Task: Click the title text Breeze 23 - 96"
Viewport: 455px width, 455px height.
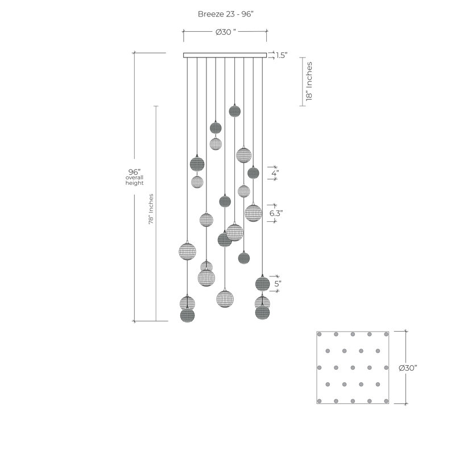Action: point(225,14)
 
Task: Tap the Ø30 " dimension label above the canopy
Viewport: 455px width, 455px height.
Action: point(226,32)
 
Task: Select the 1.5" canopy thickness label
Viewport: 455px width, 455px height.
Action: point(282,55)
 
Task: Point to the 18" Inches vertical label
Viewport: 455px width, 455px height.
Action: point(309,81)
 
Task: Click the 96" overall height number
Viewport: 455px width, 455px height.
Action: point(134,172)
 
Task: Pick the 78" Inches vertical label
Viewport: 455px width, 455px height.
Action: point(151,209)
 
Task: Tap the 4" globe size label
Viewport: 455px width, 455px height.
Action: point(275,173)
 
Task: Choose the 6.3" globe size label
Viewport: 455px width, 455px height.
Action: point(276,213)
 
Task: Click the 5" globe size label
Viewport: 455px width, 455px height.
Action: point(278,283)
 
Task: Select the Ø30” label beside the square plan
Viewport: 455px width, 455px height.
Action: point(408,368)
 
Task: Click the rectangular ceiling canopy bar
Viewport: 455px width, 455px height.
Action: point(225,55)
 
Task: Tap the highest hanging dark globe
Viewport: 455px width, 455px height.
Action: point(235,111)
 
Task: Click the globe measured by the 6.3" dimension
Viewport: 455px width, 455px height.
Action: point(253,213)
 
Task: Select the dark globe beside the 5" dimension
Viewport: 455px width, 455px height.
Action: point(262,283)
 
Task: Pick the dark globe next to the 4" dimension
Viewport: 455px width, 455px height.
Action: point(253,173)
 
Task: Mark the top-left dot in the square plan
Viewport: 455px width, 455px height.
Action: point(319,334)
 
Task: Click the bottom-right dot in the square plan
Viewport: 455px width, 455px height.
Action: point(386,402)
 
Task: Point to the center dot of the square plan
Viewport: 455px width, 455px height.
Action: point(353,367)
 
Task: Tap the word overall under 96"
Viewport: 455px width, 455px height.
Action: point(134,177)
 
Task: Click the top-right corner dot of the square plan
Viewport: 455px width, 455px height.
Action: point(386,334)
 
